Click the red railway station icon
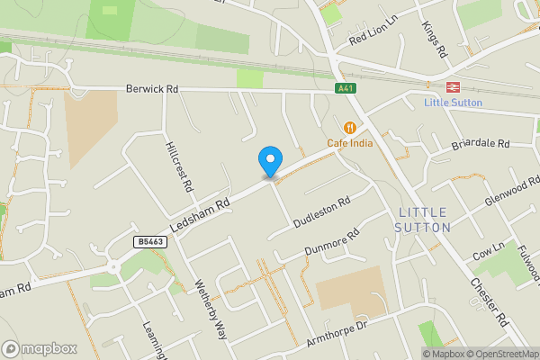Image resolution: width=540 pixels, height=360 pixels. [453, 87]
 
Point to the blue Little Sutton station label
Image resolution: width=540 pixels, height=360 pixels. [453, 103]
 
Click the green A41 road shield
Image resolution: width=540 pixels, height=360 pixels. [344, 88]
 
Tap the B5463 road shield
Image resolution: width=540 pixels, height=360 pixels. [150, 242]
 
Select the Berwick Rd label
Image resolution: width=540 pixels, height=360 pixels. [152, 90]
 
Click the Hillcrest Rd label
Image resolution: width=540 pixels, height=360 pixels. [178, 167]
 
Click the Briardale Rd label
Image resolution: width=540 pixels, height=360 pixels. [481, 144]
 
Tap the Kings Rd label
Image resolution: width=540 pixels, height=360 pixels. [433, 35]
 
